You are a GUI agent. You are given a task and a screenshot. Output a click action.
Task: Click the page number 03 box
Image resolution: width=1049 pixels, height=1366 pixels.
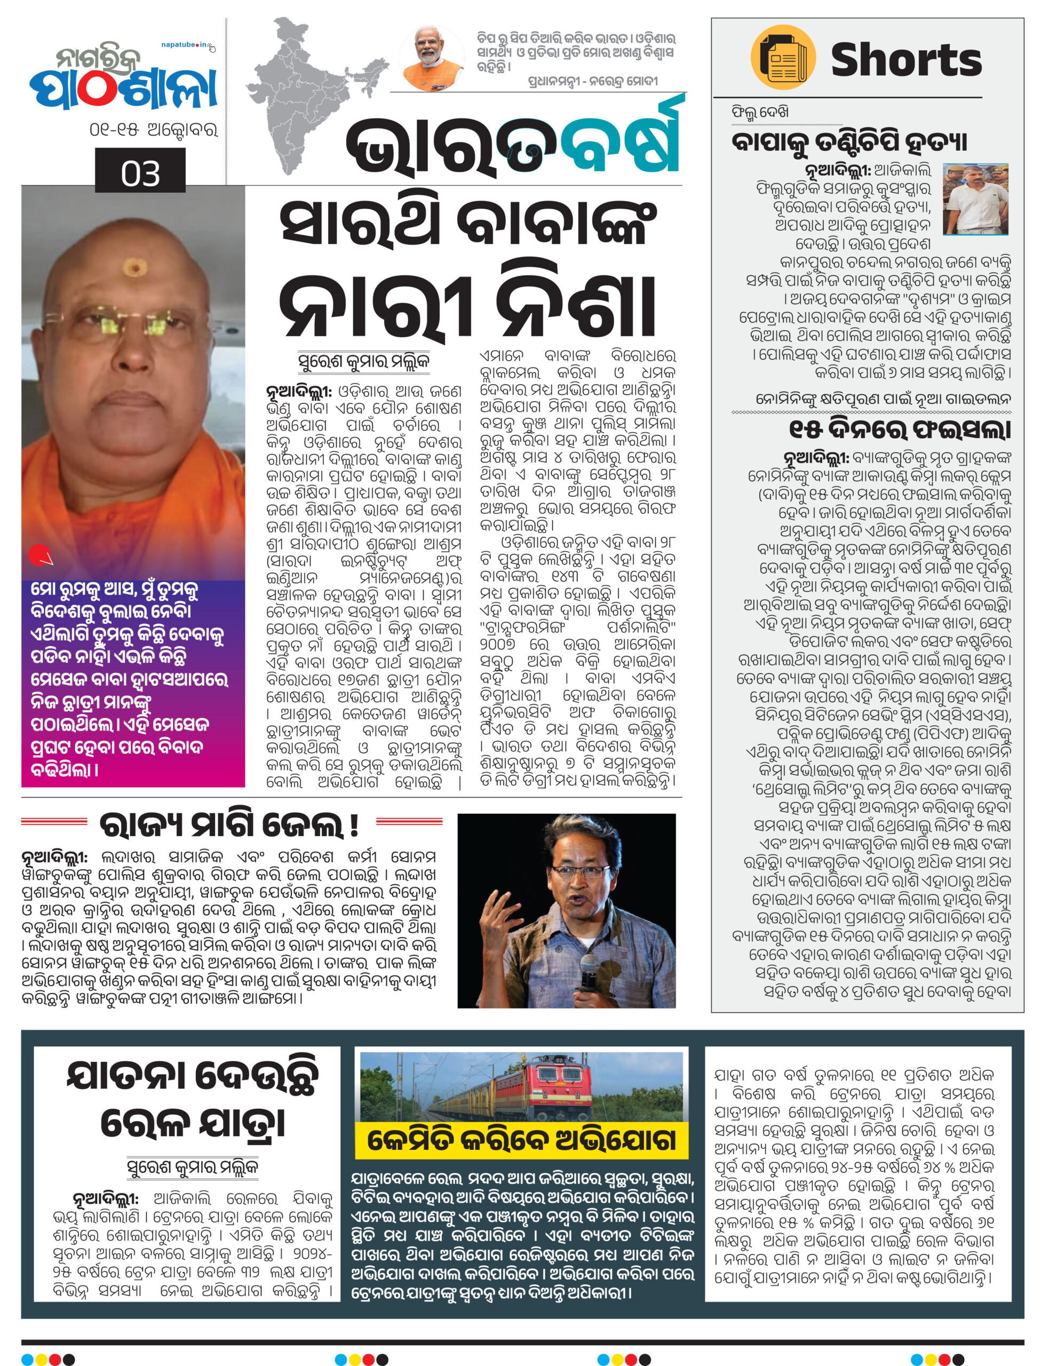(x=140, y=172)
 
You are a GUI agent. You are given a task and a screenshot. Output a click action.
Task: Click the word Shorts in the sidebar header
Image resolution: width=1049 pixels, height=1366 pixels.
(x=906, y=60)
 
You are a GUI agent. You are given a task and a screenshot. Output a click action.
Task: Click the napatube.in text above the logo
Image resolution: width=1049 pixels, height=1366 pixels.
(x=186, y=45)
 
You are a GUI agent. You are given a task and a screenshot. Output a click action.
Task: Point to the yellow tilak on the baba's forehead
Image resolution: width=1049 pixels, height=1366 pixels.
(x=133, y=268)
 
